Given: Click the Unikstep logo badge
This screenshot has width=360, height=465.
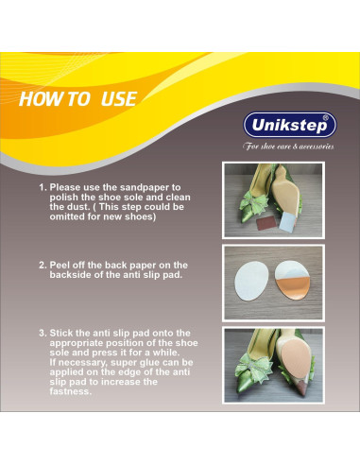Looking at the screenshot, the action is coord(290,125).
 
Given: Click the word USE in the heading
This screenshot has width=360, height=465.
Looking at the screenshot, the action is coord(119,99).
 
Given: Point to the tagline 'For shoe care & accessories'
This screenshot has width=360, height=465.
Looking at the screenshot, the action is coord(288,146).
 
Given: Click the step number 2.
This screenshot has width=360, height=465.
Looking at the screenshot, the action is coord(43,266).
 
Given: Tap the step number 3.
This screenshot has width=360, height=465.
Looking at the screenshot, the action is coord(43,334).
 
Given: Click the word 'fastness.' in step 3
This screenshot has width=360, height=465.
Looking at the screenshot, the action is coord(71,391).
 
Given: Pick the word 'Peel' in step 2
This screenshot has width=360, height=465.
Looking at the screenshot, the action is coord(60,265).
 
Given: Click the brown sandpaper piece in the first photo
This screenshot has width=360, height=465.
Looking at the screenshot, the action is coord(266,223).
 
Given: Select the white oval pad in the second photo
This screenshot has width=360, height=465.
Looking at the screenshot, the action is coord(251,281).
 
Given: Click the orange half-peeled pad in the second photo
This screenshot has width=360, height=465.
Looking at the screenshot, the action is coord(290,280).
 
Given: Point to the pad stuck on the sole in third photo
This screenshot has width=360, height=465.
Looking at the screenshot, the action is coord(296,359).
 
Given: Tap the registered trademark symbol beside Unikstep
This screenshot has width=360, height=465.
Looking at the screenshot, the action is coord(326,118).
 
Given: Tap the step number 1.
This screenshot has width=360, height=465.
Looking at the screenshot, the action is coord(43,187).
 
